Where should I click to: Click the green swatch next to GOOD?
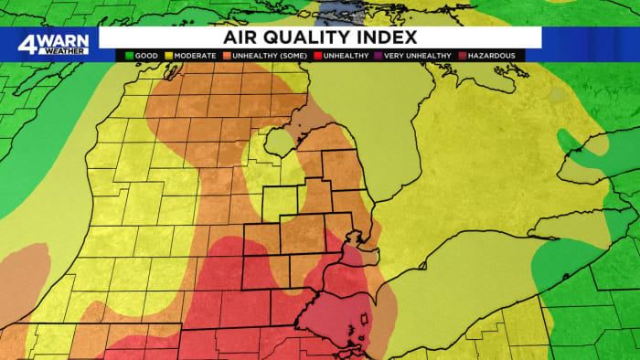pyautogui.click(x=130, y=56)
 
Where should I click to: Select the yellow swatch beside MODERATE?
pyautogui.click(x=170, y=56)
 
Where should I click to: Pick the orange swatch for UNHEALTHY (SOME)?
pyautogui.click(x=227, y=56)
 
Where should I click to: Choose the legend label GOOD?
pyautogui.click(x=148, y=56)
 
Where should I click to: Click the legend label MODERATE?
pyautogui.click(x=196, y=56)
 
